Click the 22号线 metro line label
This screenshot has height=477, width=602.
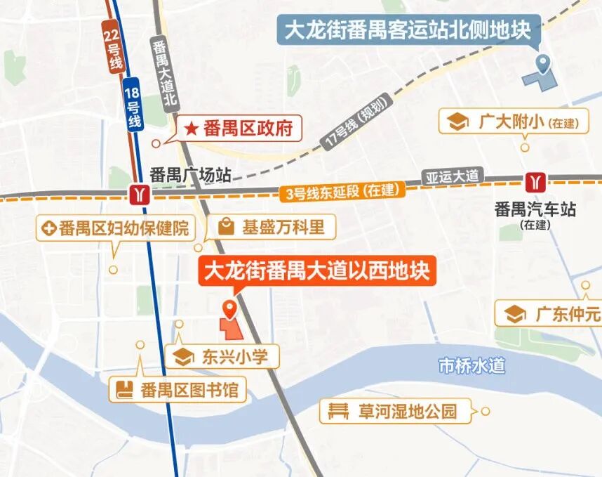pyautogui.click(x=112, y=48)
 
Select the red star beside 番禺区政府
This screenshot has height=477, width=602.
pyautogui.click(x=191, y=129)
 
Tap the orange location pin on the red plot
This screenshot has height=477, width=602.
pyautogui.click(x=229, y=308)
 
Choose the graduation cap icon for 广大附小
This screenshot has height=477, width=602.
pyautogui.click(x=457, y=122)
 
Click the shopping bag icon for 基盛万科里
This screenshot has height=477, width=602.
pyautogui.click(x=226, y=227)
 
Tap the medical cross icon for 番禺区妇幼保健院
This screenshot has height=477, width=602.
pyautogui.click(x=49, y=228)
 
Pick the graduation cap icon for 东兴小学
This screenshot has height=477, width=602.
pyautogui.click(x=184, y=356)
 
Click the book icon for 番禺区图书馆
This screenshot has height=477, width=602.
pyautogui.click(x=125, y=389)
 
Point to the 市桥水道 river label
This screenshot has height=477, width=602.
pyautogui.click(x=471, y=365)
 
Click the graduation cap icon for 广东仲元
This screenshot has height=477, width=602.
pyautogui.click(x=515, y=313)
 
